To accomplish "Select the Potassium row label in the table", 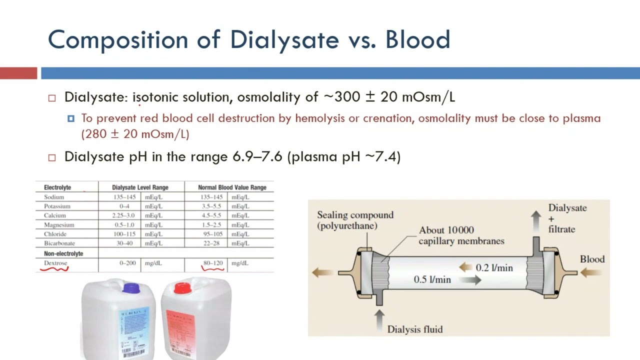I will point(57,206).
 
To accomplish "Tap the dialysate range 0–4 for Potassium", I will point(124,206).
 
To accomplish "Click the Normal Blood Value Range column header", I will point(232,187).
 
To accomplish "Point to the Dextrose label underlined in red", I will point(55,263).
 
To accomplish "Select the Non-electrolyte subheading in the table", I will point(63,253).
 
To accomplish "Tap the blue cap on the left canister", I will point(131,288).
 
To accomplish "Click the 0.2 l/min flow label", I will point(494,268).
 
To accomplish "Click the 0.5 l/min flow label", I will point(432,279).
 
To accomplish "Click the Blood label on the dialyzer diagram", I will point(592,259).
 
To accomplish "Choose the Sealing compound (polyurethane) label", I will point(355,220).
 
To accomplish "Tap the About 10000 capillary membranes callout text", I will point(461,235).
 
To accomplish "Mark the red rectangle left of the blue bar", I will point(18,73).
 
